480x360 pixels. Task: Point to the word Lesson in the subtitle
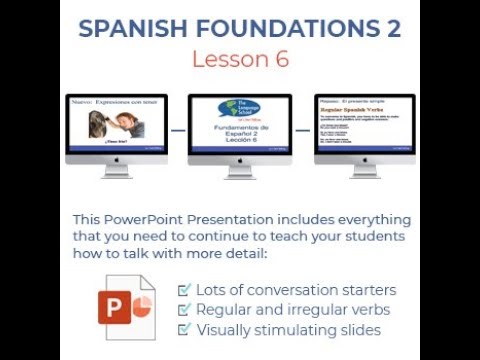point(227,59)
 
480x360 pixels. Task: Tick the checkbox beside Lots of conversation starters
point(183,290)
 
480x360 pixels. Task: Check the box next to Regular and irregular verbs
point(183,310)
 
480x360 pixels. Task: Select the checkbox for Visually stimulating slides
point(183,330)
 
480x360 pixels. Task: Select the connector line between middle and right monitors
point(302,131)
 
